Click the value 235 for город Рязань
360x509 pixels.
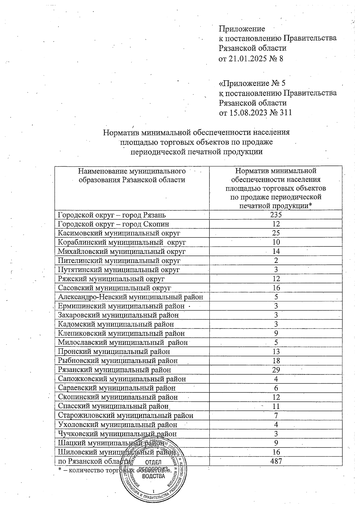click(x=276, y=215)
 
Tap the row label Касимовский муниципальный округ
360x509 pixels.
click(x=119, y=233)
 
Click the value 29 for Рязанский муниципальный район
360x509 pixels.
click(x=276, y=370)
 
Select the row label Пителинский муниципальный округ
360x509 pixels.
click(x=119, y=260)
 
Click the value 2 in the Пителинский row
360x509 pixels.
click(x=276, y=260)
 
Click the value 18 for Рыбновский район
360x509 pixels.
click(x=276, y=361)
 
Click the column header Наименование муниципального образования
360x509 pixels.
click(x=132, y=175)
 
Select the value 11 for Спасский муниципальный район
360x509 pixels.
click(x=276, y=406)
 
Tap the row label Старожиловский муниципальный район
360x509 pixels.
click(x=125, y=415)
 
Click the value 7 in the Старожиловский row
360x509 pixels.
click(x=276, y=415)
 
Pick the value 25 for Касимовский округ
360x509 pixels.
click(x=276, y=233)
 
